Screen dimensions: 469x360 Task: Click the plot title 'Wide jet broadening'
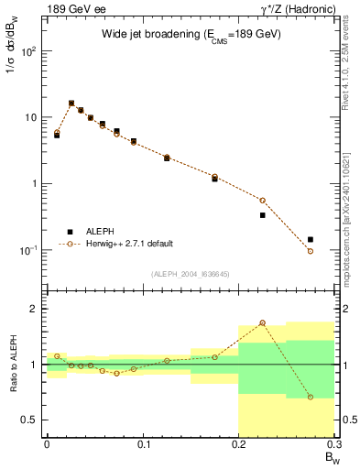click(191, 34)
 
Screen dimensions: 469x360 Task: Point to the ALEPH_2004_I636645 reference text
click(191, 272)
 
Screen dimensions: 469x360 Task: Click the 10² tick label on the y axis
click(29, 51)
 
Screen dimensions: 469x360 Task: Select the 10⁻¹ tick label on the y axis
click(29, 250)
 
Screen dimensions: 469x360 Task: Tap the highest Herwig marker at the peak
click(71, 104)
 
